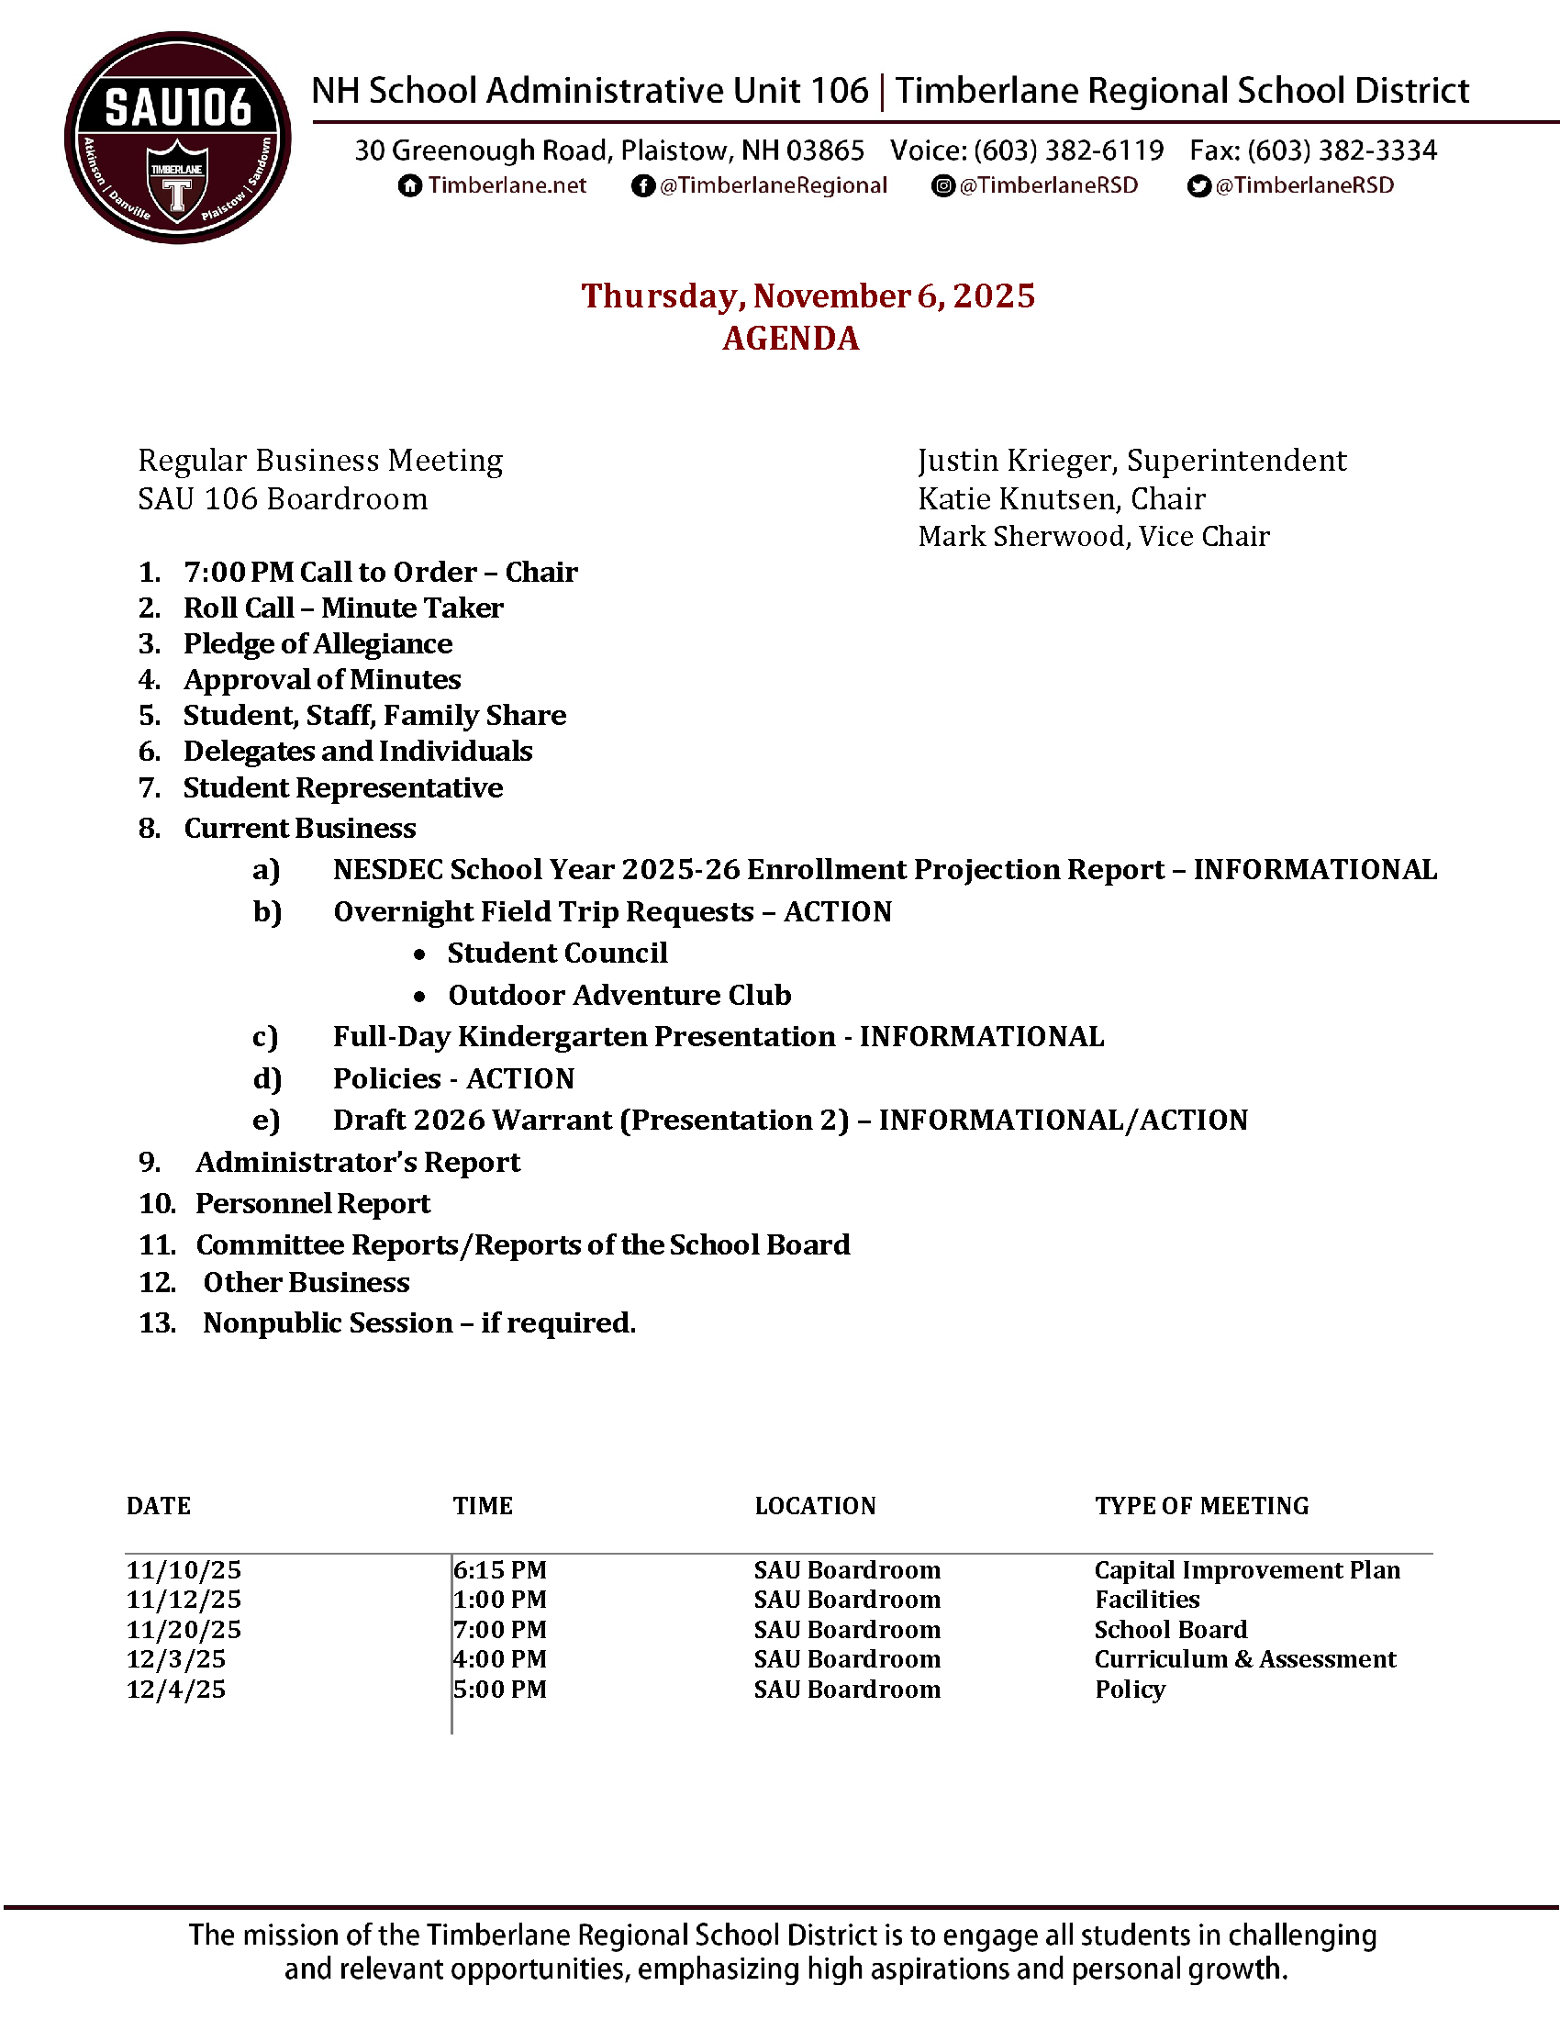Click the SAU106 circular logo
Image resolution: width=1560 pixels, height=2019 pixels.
point(177,138)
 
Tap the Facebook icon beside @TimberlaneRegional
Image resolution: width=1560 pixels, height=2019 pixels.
point(643,185)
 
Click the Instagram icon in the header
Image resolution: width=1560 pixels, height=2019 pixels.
point(942,185)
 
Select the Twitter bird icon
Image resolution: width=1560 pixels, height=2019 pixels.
point(1198,185)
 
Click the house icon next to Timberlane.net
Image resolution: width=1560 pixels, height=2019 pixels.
point(409,185)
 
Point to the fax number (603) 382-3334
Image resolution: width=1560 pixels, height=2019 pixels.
point(1343,150)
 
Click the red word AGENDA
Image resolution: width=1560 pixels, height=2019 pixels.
point(791,339)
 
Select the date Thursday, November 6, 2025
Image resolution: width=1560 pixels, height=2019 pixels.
point(808,296)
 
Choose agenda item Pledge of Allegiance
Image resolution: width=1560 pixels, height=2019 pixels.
point(318,643)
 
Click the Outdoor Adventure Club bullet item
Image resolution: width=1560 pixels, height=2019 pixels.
point(619,995)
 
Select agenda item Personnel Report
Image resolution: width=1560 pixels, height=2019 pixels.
point(312,1204)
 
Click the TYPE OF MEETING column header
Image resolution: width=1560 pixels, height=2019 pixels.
point(1201,1506)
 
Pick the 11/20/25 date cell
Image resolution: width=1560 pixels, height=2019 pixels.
point(184,1630)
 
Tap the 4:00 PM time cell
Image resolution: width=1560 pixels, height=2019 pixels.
point(500,1659)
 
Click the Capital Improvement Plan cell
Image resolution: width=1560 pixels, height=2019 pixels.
point(1247,1570)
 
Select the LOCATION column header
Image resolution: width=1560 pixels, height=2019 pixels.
point(814,1506)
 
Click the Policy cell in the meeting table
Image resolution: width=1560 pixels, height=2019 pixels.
point(1130,1690)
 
